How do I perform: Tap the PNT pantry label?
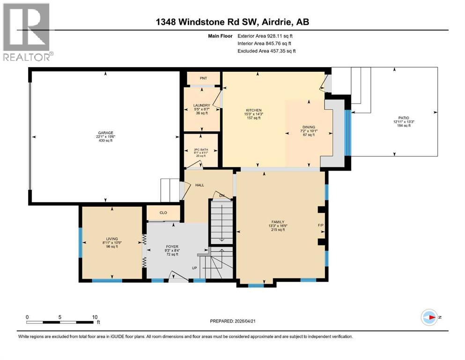point(203,78)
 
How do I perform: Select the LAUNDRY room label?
point(201,105)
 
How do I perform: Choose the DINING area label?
point(309,127)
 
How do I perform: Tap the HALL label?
point(199,185)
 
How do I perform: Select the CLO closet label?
point(163,212)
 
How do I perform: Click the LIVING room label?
point(111,239)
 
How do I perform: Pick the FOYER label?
point(171,247)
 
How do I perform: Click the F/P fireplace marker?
point(321,225)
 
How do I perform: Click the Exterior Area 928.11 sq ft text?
point(266,36)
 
